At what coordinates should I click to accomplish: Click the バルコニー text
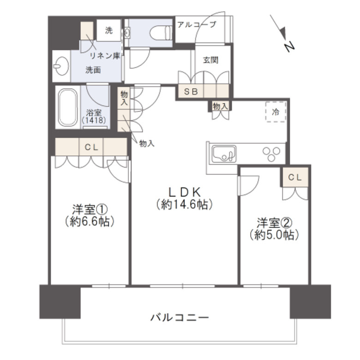(x=180, y=318)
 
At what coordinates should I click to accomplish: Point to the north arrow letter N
(x=289, y=46)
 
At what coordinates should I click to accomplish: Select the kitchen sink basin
(x=224, y=153)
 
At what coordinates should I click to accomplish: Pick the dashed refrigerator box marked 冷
(x=276, y=112)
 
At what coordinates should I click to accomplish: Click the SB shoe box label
(x=191, y=91)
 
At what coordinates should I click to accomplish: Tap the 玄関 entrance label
(x=210, y=60)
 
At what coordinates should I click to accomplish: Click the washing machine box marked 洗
(x=108, y=30)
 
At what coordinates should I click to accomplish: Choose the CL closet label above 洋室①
(x=90, y=148)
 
